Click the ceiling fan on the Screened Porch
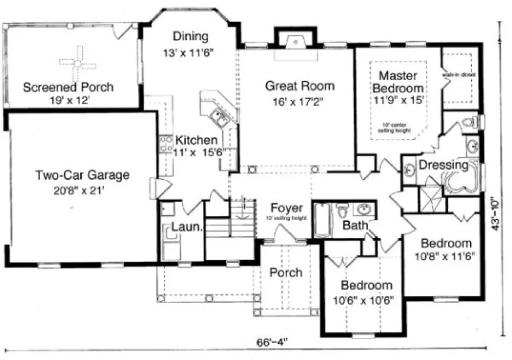(78, 63)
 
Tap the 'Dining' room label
(190, 37)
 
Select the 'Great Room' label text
(299, 86)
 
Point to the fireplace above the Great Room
(295, 42)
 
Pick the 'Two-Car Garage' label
(82, 175)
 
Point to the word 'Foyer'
(286, 209)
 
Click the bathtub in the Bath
(322, 220)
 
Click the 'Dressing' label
(444, 165)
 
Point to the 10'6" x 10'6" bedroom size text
(366, 299)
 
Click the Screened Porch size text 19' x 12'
(68, 100)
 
